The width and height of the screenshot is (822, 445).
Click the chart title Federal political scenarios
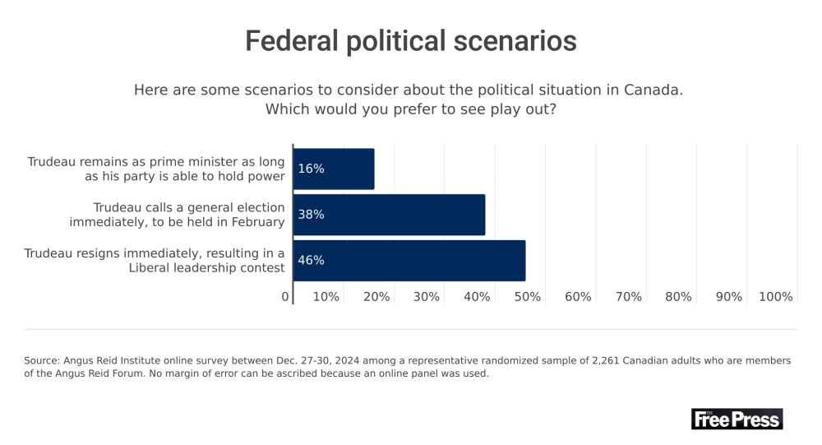click(411, 40)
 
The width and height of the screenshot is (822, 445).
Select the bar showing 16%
click(334, 169)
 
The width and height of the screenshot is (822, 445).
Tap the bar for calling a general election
click(389, 215)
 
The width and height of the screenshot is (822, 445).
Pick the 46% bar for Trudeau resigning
click(409, 261)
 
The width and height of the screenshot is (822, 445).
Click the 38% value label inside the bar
click(311, 215)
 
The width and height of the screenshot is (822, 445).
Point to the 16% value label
click(311, 169)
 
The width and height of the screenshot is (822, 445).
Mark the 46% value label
click(311, 261)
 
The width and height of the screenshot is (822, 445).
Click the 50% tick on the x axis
click(527, 296)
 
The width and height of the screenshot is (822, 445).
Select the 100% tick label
click(776, 296)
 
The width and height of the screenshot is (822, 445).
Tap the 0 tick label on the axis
click(286, 296)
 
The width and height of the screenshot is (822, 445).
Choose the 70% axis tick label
click(628, 296)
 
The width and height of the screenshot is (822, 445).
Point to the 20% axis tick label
click(376, 296)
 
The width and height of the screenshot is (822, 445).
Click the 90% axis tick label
click(729, 296)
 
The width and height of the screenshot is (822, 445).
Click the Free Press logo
click(737, 419)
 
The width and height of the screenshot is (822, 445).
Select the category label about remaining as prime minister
click(156, 169)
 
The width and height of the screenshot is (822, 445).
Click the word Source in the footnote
click(42, 361)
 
